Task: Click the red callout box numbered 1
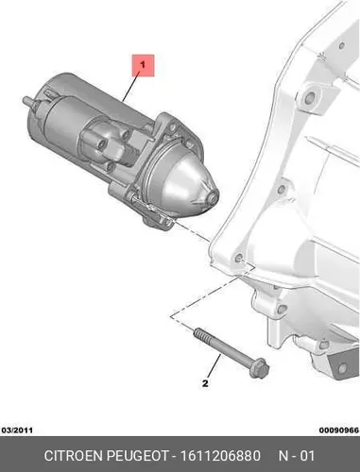coord(143,65)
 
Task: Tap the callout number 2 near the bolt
coord(205,383)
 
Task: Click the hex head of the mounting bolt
coord(259,368)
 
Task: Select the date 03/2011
coord(17,430)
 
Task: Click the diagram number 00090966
coord(339,430)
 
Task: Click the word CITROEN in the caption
coord(74,456)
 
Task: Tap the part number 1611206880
coord(220,456)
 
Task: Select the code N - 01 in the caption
coord(297,456)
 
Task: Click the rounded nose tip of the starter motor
coord(214,197)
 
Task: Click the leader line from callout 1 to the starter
coord(131,87)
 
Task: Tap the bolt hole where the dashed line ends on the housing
coord(238,260)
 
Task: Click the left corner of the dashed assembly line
coord(171,316)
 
